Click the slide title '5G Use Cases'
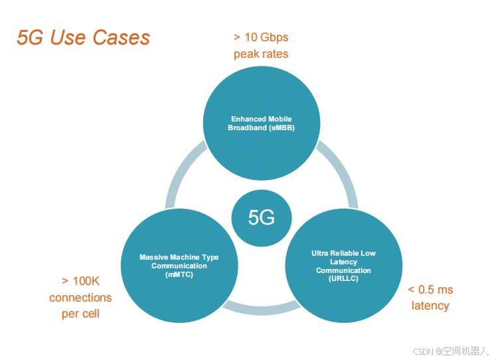coord(83,37)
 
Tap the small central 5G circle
coord(261,217)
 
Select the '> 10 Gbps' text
coord(261,37)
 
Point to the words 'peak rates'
coord(261,54)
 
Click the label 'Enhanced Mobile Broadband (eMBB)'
coord(261,124)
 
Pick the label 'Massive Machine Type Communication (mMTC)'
coord(179,266)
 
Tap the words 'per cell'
coord(80,314)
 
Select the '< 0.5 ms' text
coord(430,290)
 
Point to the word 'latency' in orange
coord(430,306)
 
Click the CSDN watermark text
coord(450,351)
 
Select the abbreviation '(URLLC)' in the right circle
coord(343,278)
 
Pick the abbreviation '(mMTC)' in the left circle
coord(179,274)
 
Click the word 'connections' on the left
coord(80,298)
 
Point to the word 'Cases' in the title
coord(121,37)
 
